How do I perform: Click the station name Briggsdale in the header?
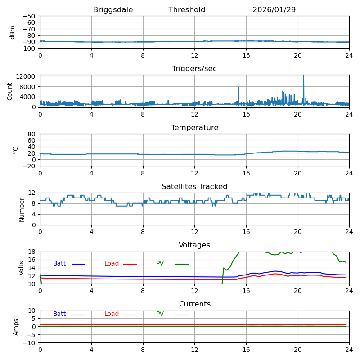(x=113, y=10)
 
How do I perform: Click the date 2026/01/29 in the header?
(x=274, y=10)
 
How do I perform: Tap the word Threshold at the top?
(x=187, y=10)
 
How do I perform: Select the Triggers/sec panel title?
(x=194, y=69)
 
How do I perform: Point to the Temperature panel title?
(x=194, y=128)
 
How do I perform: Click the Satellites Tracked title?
(x=194, y=187)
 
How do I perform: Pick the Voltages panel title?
(x=194, y=245)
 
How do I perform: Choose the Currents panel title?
(x=194, y=304)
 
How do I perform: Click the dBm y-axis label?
(x=13, y=32)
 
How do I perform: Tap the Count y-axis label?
(x=10, y=91)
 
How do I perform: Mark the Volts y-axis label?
(x=22, y=268)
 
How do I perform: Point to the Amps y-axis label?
(x=16, y=327)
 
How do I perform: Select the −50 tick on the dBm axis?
(x=29, y=16)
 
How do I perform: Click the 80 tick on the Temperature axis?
(x=32, y=134)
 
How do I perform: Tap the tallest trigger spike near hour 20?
(x=303, y=76)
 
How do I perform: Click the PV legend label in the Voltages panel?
(x=160, y=264)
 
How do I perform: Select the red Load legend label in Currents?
(x=112, y=314)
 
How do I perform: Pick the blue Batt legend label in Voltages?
(x=59, y=264)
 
